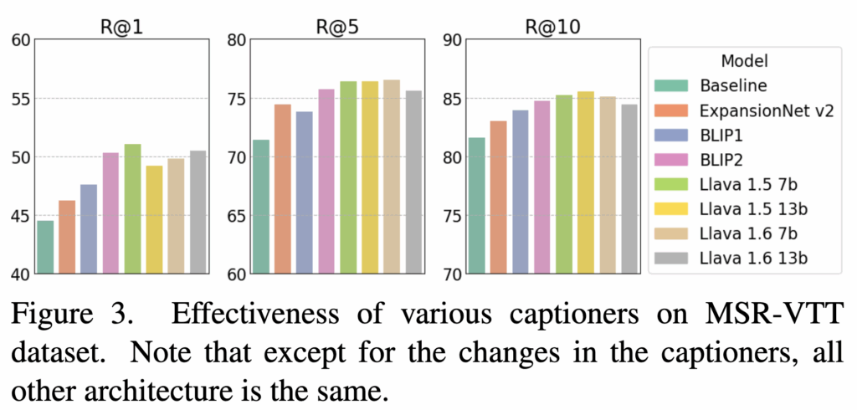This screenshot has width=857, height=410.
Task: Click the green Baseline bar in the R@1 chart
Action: (x=45, y=247)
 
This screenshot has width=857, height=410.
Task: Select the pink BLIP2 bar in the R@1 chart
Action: (x=110, y=213)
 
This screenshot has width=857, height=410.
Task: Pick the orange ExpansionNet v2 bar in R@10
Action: (x=498, y=197)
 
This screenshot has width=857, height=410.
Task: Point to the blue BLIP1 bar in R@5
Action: (x=305, y=192)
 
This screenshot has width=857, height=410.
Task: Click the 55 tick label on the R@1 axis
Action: (x=18, y=99)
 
